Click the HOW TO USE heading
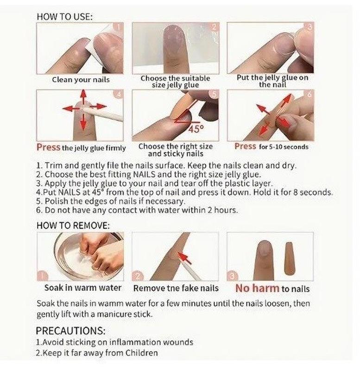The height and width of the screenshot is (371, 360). point(64,17)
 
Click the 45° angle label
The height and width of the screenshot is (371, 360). point(196,129)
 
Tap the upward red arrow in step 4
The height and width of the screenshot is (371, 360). point(83,97)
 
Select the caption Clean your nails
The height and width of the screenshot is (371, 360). point(81,80)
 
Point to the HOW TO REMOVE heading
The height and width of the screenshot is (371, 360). point(73,225)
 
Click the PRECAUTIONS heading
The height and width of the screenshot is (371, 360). point(70,331)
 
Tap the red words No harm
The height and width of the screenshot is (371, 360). point(257,288)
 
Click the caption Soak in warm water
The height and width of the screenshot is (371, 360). point(83,288)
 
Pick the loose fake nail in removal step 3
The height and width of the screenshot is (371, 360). point(290,258)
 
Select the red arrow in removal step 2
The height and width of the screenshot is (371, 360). point(185,258)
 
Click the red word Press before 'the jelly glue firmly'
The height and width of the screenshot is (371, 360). point(49,147)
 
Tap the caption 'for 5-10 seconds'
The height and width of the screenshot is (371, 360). point(284,147)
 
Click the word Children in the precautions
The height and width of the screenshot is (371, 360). point(141,353)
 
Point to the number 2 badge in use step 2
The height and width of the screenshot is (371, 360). point(215,27)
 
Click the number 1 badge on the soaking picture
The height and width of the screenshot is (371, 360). point(42,275)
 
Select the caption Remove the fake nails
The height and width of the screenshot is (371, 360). point(176,288)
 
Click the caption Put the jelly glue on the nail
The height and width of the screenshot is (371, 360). point(272,81)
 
